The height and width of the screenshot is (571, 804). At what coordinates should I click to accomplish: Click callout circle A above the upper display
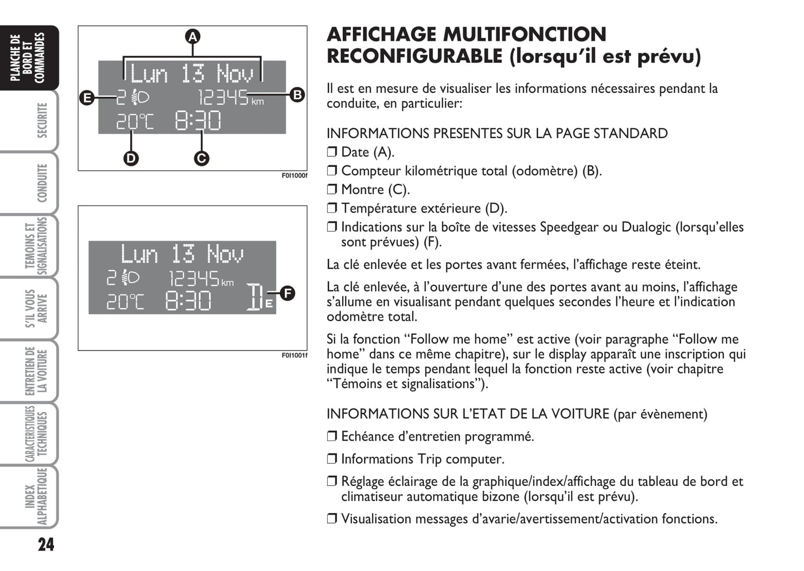click(192, 37)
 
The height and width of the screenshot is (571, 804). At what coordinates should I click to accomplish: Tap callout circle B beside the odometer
click(298, 95)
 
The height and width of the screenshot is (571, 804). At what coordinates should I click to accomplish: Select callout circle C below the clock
click(201, 159)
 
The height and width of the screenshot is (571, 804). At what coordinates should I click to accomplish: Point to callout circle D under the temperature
click(131, 159)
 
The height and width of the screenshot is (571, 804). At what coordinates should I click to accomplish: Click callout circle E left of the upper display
click(87, 99)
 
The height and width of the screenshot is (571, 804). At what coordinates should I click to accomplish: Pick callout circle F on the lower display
click(287, 293)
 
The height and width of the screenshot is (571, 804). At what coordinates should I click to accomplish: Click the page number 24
click(46, 544)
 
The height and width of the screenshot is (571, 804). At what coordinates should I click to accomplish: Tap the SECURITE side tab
click(42, 120)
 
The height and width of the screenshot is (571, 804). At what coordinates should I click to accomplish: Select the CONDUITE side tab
click(42, 183)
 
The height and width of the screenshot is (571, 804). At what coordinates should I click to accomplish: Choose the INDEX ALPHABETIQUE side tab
click(36, 496)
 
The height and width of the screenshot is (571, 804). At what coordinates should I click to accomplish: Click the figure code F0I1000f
click(294, 176)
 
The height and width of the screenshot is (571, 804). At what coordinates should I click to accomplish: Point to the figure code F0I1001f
click(294, 356)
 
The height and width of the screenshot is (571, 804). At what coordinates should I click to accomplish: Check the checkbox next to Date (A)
click(332, 152)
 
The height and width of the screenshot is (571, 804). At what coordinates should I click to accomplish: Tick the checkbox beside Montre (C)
click(332, 190)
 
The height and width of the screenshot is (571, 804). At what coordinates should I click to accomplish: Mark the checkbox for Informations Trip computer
click(332, 459)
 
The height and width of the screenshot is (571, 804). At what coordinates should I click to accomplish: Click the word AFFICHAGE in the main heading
click(381, 35)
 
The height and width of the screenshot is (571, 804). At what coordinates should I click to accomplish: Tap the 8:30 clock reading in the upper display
click(198, 121)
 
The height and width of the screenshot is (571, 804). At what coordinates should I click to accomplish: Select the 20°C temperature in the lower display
click(125, 302)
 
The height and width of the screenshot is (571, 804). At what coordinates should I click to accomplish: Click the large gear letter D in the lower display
click(254, 297)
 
